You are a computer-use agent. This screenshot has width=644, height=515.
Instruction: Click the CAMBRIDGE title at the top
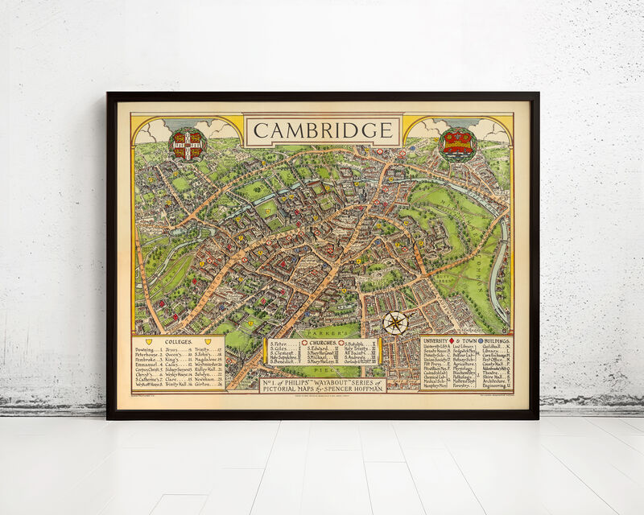(324, 130)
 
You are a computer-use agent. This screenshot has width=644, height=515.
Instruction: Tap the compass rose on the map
(395, 323)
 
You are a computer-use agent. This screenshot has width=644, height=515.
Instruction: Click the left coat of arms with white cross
(188, 143)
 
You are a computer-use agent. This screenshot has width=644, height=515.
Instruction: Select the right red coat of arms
(458, 143)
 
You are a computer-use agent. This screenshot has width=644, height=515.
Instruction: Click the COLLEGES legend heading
(178, 341)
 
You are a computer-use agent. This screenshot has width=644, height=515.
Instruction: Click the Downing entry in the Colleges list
(147, 350)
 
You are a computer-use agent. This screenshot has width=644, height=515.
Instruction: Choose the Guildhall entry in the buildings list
(494, 351)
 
